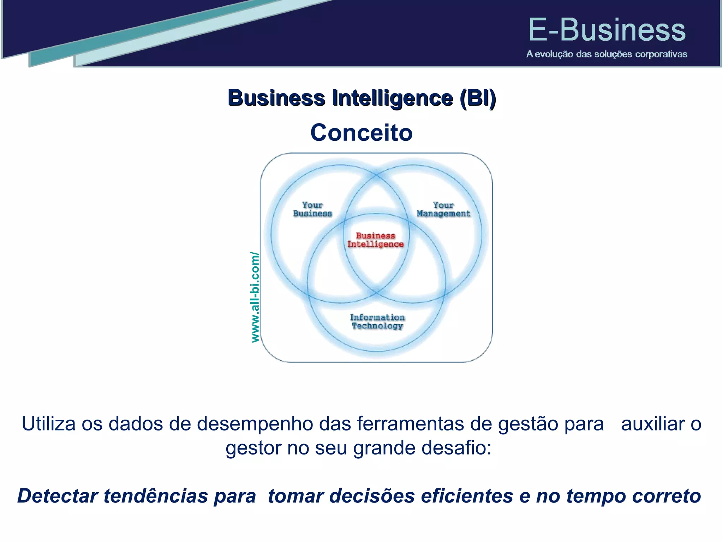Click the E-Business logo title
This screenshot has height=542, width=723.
pos(607,30)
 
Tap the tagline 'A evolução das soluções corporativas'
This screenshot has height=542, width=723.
pos(607,54)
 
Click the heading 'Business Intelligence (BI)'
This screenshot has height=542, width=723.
pos(361,98)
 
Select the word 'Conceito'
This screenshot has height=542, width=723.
pos(361,133)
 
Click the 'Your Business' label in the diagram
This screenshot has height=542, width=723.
pos(312,209)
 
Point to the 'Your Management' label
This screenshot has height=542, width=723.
pos(443,209)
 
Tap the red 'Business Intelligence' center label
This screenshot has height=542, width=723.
pos(375,240)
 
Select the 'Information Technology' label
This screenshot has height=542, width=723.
pos(377,321)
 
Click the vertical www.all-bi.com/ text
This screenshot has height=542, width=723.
pos(255,297)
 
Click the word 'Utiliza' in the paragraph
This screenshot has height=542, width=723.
pos(49,423)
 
